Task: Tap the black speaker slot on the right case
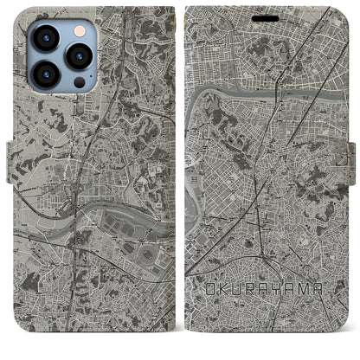coord(267,16)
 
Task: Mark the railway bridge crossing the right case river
coord(279,86)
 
